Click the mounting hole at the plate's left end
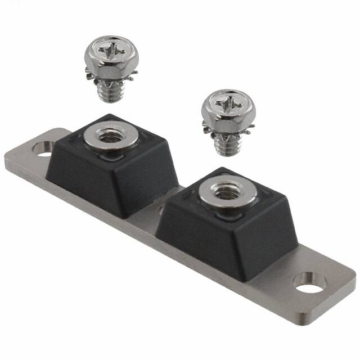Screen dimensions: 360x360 43,149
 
